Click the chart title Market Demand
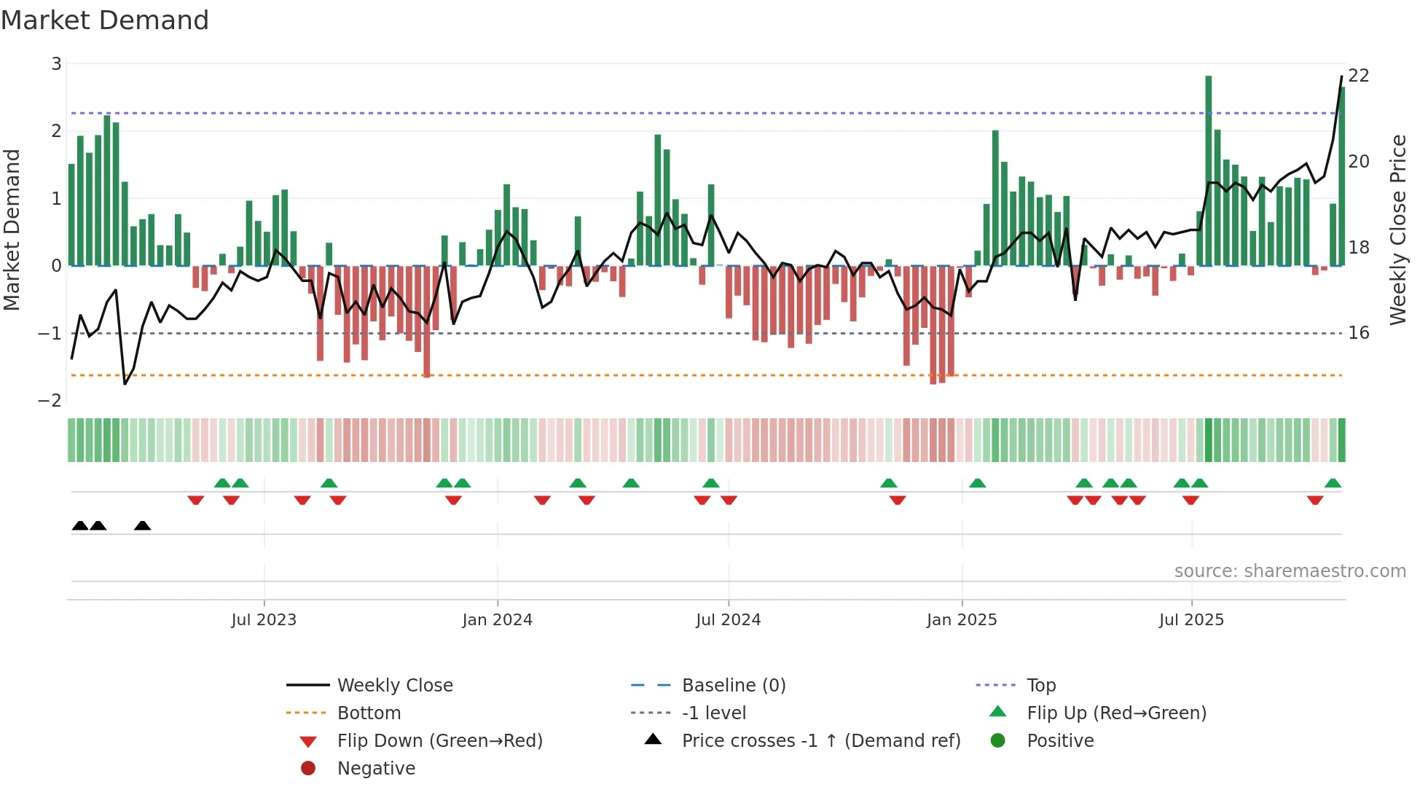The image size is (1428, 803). (105, 20)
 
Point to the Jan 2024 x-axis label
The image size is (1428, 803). (497, 620)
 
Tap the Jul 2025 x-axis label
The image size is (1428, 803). (1191, 620)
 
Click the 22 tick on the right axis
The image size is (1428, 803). (1359, 76)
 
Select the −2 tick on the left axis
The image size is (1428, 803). (50, 401)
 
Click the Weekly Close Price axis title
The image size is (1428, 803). (1397, 230)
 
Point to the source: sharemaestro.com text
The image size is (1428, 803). (1290, 571)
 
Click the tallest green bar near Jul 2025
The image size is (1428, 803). (1209, 171)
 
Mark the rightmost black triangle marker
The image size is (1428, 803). (143, 525)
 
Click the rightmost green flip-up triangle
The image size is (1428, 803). (1333, 483)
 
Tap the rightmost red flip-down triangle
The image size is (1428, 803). (1315, 500)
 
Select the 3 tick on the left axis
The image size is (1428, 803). (56, 64)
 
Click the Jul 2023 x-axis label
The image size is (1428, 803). (264, 620)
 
